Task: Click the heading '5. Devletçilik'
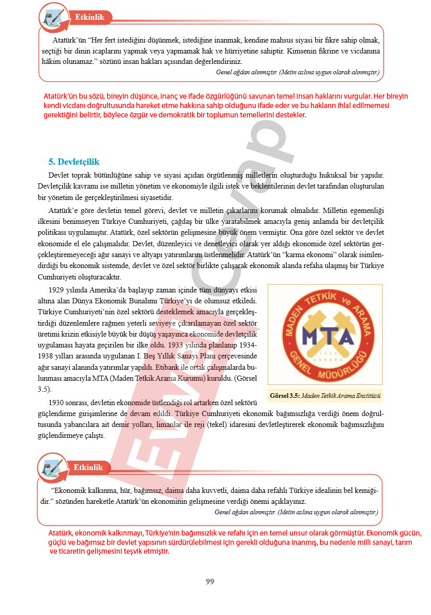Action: coord(74,162)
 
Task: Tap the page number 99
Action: coord(210,581)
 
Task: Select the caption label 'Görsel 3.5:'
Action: coord(285,396)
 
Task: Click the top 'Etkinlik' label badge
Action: coord(90,17)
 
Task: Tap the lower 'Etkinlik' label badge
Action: coord(88,467)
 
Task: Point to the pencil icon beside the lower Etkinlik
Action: coord(51,467)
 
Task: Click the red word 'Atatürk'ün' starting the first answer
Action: coord(62,97)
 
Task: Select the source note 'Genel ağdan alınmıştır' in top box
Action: coord(246,72)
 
